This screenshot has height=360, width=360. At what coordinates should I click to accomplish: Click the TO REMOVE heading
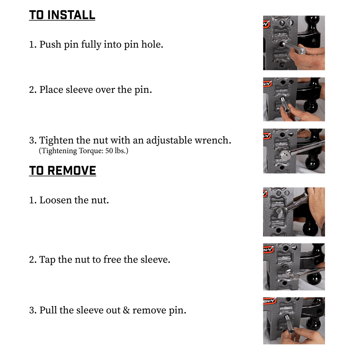pos(63,171)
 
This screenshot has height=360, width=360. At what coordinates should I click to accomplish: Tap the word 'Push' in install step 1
pos(50,44)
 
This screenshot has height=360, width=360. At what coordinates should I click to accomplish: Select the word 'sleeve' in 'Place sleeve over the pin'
pos(79,90)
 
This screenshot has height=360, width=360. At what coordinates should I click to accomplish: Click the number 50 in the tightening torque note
pos(109,151)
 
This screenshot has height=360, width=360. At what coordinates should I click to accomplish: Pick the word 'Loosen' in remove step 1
pos(55,200)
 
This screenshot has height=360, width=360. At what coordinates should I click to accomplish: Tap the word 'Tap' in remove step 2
pos(47,259)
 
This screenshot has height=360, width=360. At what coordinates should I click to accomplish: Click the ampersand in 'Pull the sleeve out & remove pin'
pos(126,310)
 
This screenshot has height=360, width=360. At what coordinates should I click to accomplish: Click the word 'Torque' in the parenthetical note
pos(91,151)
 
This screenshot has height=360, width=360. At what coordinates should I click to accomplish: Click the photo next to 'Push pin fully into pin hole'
pos(294,43)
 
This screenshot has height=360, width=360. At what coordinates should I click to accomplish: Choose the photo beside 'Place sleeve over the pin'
pos(294,99)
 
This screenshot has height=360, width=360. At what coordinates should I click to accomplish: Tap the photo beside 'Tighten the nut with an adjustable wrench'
pos(294,151)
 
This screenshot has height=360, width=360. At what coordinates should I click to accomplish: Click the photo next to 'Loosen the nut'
pos(294,212)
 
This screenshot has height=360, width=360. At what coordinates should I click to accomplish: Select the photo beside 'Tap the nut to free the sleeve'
pos(294,267)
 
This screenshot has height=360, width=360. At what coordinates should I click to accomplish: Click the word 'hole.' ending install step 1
pos(152,44)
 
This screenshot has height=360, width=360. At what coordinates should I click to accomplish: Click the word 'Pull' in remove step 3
pos(48,310)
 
